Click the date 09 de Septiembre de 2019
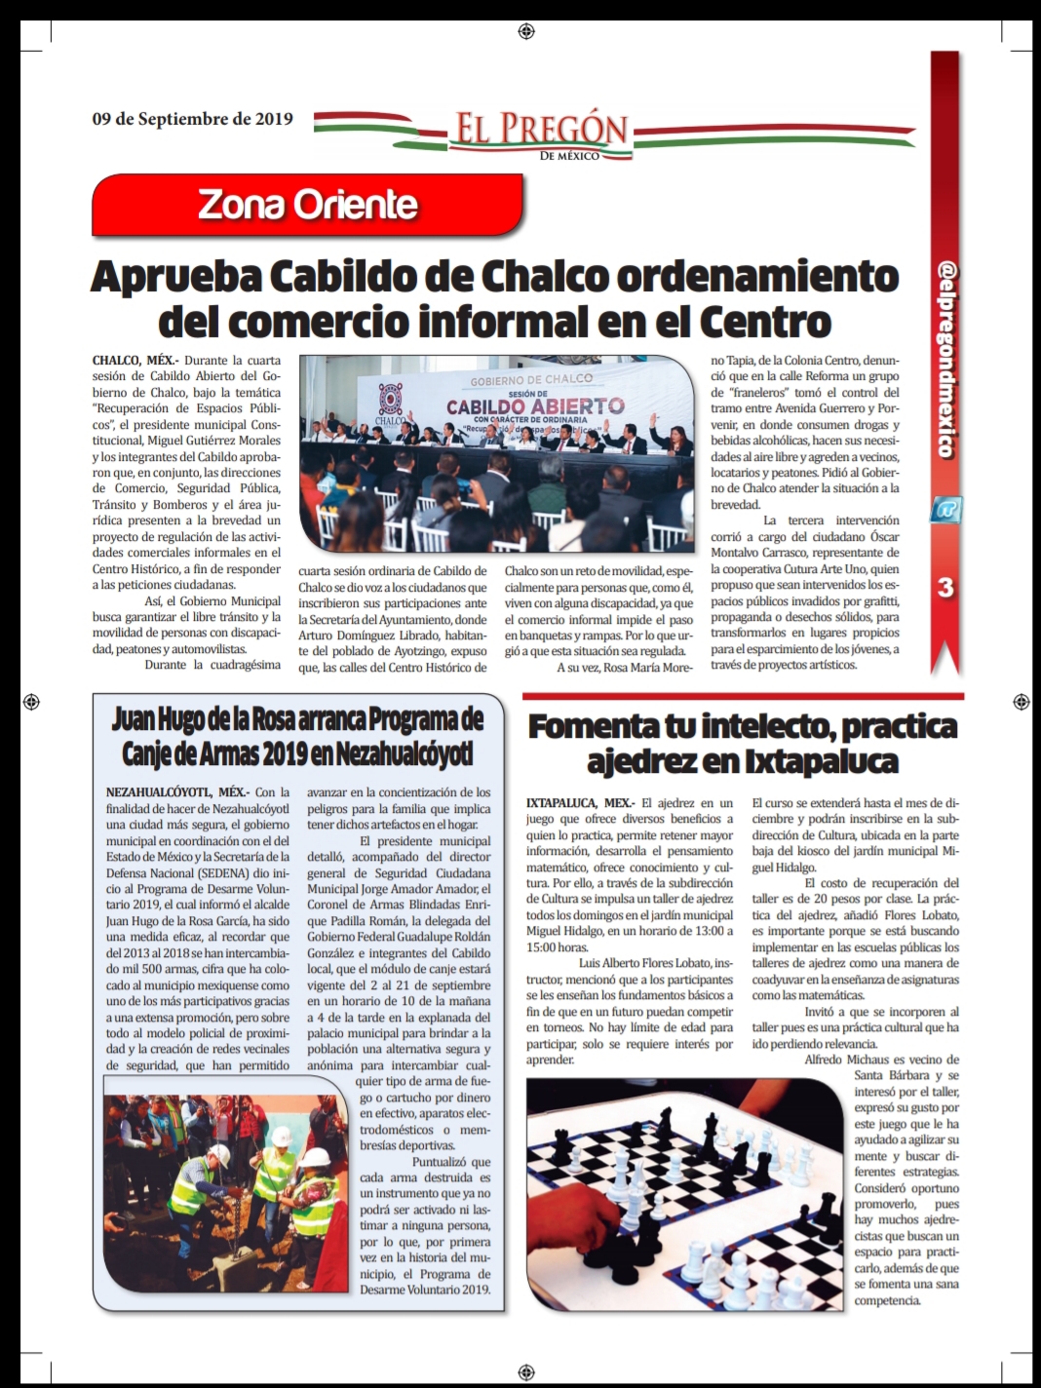pos(192,120)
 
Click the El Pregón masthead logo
pos(539,134)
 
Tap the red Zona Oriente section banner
pos(308,205)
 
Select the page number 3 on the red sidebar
pos(945,587)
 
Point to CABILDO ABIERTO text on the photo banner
pos(534,405)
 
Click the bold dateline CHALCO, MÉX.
pos(135,361)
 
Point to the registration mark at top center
pos(525,32)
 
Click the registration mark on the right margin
pos(1021,702)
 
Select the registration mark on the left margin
pos(30,702)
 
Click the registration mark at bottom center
pos(525,1369)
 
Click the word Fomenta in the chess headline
pos(594,727)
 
